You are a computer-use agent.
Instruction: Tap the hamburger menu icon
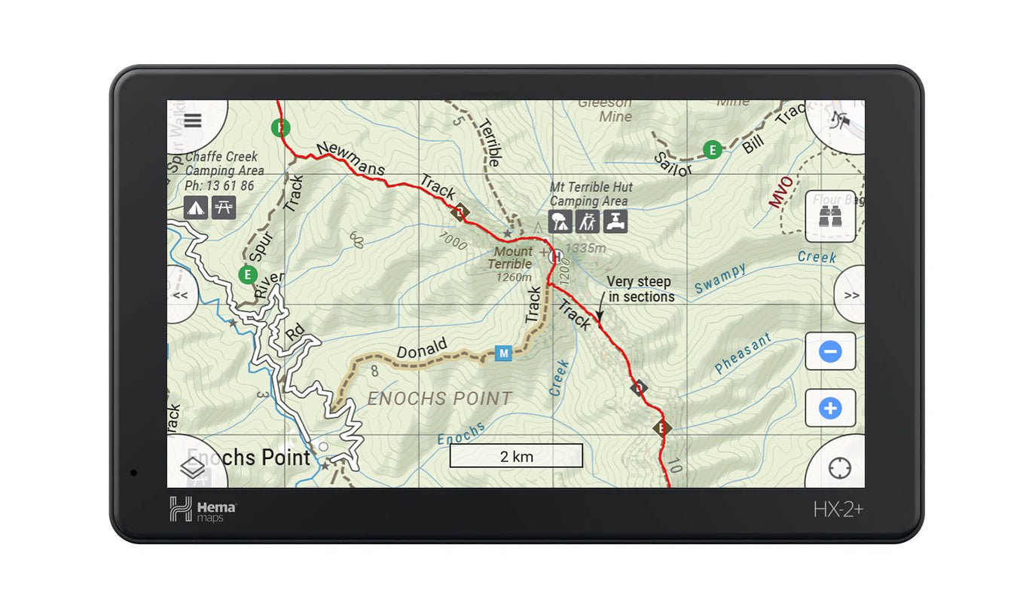pos(193,121)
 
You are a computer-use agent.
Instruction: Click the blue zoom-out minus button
pos(830,351)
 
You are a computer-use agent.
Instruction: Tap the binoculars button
pos(830,216)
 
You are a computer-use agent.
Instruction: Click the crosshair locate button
pos(839,468)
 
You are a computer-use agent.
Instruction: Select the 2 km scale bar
pos(516,456)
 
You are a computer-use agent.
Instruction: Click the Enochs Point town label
pos(249,458)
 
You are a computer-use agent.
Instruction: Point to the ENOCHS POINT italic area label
pos(439,399)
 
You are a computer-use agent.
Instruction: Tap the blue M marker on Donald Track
pos(503,353)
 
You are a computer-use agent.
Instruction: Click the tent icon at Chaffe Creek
pos(196,207)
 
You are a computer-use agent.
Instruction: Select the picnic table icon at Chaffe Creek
pos(224,207)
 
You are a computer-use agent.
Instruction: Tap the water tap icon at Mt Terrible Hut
pos(615,222)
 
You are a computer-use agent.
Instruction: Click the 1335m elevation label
pos(585,248)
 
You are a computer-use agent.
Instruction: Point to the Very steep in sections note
pos(640,289)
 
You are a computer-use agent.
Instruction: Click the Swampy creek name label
pos(720,278)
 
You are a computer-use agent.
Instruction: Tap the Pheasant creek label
pos(743,354)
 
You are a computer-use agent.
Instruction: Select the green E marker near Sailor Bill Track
pos(712,150)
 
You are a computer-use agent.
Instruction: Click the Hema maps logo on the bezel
pos(203,510)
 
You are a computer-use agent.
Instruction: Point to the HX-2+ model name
pos(838,510)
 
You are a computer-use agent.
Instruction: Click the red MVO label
pos(781,192)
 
